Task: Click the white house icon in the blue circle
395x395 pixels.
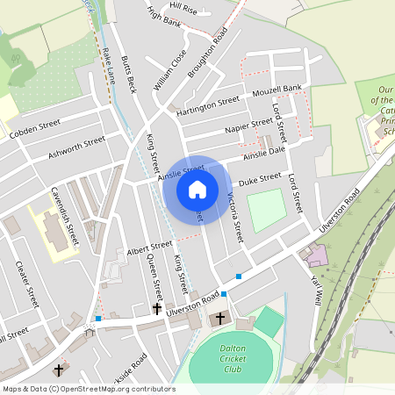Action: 197,190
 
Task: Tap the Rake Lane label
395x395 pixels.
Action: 108,67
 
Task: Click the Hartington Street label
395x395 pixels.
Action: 207,107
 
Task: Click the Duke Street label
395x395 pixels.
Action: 259,179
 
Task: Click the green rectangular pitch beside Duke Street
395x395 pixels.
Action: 266,210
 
